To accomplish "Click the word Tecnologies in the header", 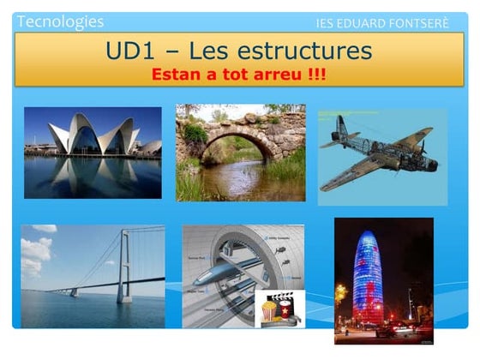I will (x=60, y=21).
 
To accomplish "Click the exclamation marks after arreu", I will (x=319, y=75).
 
